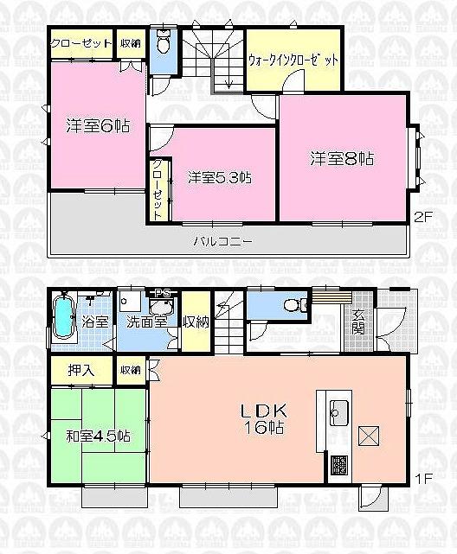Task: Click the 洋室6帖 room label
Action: (98, 126)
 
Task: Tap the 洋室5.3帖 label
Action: (220, 178)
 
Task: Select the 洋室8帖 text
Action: (343, 159)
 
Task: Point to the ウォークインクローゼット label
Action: (293, 60)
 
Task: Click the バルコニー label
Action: (222, 241)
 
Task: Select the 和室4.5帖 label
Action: (97, 437)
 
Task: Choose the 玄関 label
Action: (357, 322)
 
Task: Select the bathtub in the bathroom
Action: (63, 318)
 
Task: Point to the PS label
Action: (162, 292)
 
